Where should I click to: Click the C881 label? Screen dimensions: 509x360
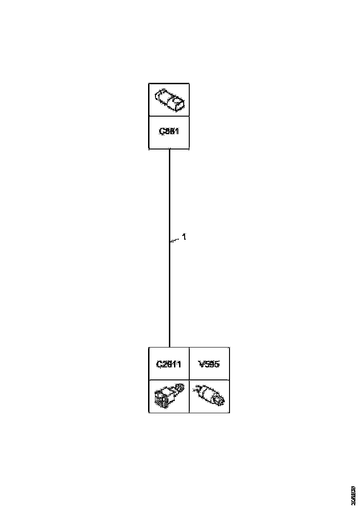coord(169,131)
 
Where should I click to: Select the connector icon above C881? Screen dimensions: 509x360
coord(169,100)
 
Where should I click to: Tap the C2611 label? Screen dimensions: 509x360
coord(169,364)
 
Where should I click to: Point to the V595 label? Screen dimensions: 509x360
coord(209,364)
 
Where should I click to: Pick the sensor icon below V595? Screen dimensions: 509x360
coord(209,396)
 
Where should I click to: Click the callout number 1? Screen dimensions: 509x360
coord(184,237)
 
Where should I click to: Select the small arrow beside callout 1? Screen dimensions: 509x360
coord(175,240)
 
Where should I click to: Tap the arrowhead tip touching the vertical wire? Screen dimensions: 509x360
coord(170,241)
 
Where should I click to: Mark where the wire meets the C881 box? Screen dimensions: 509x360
coord(169,149)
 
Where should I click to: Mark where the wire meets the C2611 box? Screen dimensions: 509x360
coord(169,347)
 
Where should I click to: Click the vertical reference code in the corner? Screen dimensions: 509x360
coord(353,495)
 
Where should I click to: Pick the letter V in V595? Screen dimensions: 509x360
coord(201,364)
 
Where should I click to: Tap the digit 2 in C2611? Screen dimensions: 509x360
coord(164,364)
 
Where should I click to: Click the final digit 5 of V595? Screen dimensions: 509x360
coord(217,364)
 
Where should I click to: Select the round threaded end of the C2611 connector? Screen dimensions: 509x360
coord(180,387)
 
